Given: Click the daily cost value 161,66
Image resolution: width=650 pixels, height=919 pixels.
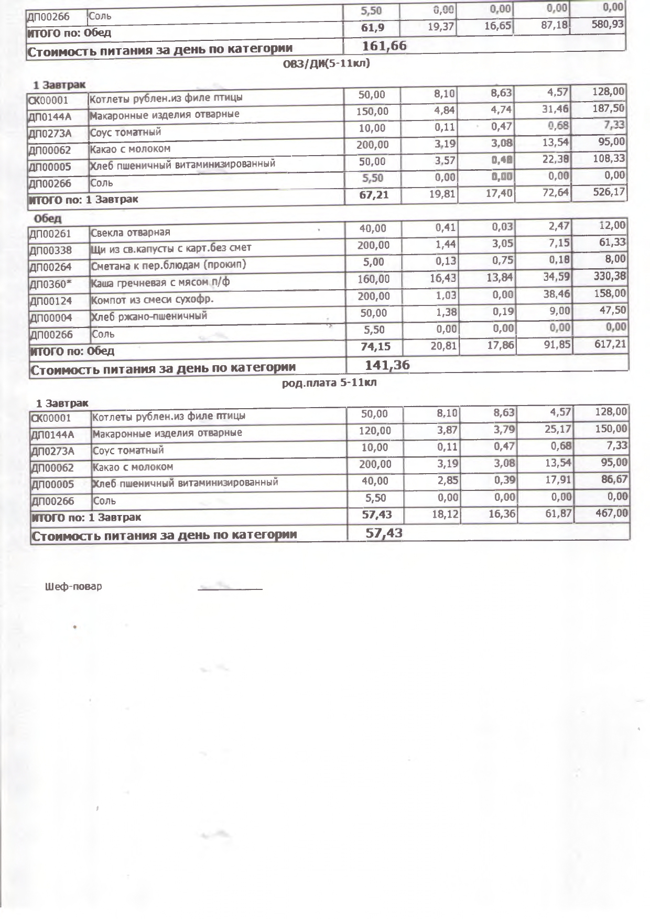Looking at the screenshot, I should point(384,46).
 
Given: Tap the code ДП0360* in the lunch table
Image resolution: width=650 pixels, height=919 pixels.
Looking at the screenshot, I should point(50,285).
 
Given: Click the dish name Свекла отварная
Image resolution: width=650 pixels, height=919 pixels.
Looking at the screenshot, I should point(131,232).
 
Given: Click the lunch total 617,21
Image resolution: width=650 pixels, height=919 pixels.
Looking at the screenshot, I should point(609,345).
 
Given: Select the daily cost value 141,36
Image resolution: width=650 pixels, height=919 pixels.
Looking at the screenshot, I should point(387,365).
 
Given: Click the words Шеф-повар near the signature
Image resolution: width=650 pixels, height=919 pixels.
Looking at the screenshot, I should point(74,586).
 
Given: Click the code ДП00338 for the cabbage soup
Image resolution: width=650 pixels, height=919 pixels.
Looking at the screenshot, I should point(51,251).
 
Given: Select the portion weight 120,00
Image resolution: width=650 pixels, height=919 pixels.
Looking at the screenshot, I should point(375,431).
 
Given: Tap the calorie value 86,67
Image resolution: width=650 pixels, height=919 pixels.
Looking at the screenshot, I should point(611,479).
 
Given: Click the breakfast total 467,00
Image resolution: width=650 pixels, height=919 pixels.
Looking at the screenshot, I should point(611,513).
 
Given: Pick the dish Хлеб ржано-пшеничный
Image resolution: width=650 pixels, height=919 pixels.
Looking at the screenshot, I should point(149,316).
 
